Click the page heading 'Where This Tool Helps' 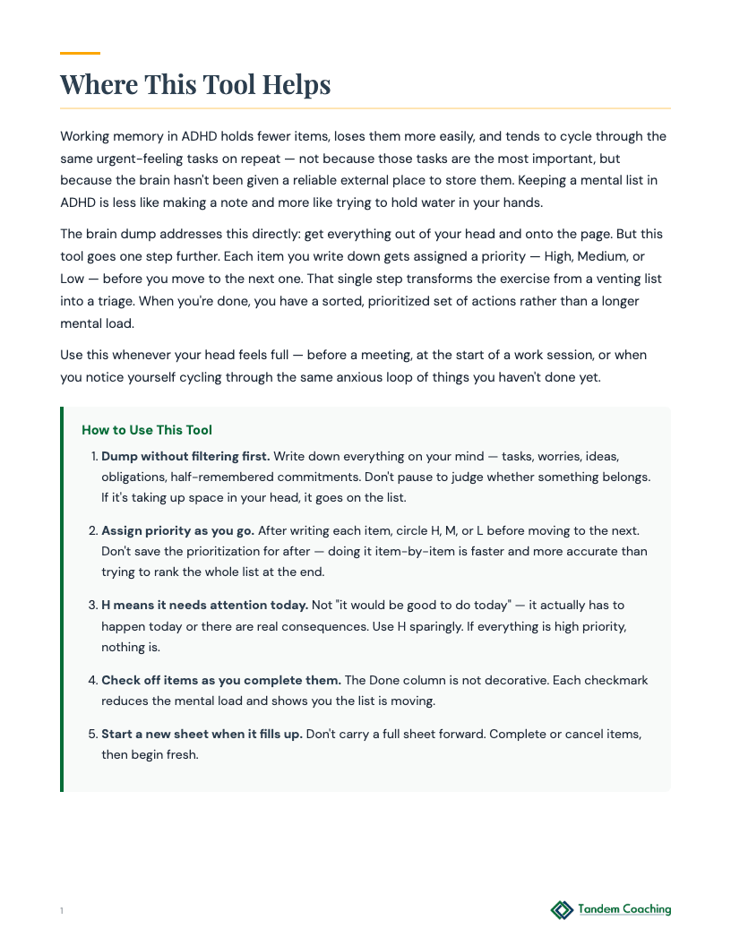(x=195, y=84)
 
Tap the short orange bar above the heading (x=80, y=54)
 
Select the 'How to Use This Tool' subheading (x=147, y=430)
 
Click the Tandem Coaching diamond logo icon (x=562, y=910)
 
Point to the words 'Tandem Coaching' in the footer (x=624, y=909)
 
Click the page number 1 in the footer (x=62, y=911)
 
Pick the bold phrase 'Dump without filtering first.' (x=185, y=456)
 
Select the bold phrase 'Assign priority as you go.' (x=177, y=530)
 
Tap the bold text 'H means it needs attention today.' (x=204, y=606)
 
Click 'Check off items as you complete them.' (x=220, y=680)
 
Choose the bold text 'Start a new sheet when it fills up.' (x=202, y=734)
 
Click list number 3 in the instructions (x=92, y=606)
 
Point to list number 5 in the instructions (x=92, y=734)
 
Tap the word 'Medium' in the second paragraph (x=590, y=256)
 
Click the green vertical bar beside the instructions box (x=62, y=599)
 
